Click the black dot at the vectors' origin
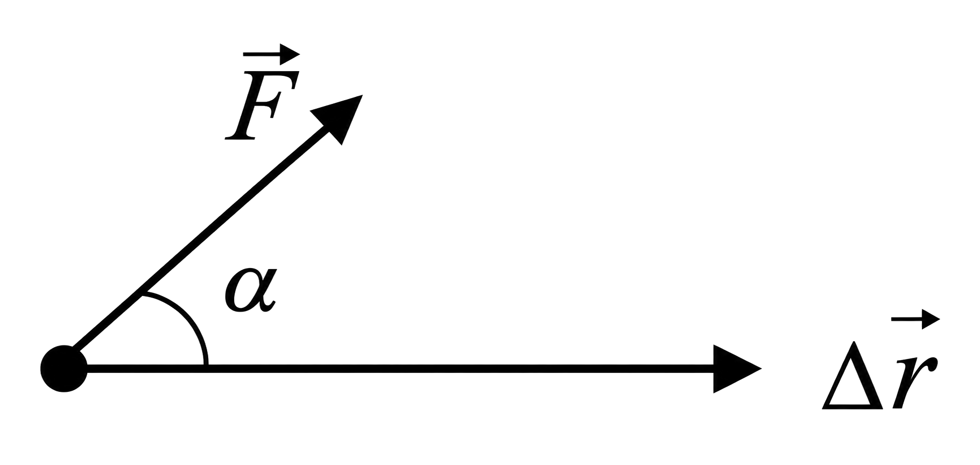(64, 369)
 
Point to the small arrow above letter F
(271, 53)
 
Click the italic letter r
(913, 381)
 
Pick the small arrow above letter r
(915, 320)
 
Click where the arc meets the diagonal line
(143, 294)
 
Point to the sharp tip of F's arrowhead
(362, 96)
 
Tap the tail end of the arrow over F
(244, 53)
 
